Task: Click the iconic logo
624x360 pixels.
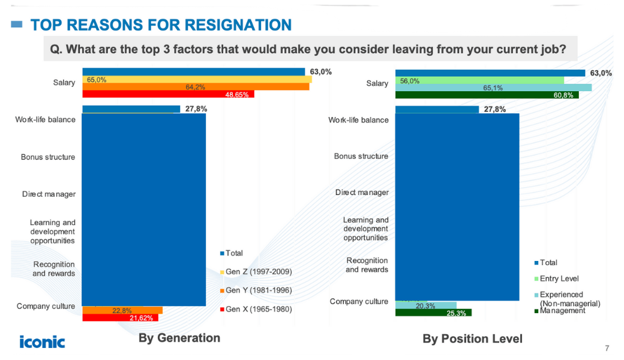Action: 42,341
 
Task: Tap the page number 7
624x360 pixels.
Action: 607,349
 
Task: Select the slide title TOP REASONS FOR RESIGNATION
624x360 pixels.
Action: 161,25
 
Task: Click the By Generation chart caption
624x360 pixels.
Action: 179,338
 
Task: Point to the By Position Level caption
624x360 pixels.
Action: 472,339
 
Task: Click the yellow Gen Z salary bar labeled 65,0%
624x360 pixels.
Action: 197,79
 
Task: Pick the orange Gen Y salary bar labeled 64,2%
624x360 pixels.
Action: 196,87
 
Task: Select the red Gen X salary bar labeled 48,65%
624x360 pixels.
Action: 168,94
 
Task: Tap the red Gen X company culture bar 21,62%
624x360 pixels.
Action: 120,318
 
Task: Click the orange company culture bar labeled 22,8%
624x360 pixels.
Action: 122,310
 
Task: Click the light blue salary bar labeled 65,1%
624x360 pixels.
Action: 493,88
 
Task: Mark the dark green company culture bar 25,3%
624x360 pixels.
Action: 434,313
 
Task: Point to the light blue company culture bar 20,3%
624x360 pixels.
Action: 426,305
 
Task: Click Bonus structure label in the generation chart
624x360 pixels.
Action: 48,157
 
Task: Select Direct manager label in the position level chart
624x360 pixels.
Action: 362,193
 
